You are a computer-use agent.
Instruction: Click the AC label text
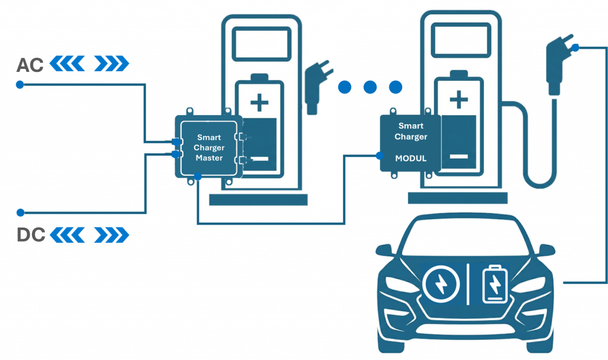[x=30, y=64]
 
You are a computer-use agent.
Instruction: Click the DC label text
[x=30, y=235]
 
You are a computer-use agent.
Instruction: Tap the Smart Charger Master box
[x=209, y=147]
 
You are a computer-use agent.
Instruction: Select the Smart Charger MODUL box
[x=411, y=143]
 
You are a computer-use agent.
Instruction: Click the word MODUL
[x=411, y=159]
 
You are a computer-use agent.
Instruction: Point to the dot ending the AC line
[x=20, y=85]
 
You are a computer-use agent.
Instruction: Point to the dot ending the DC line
[x=20, y=212]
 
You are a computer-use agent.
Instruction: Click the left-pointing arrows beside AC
[x=67, y=63]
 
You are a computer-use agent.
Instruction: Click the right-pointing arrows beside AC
[x=112, y=63]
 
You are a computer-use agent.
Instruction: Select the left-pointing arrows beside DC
[x=67, y=235]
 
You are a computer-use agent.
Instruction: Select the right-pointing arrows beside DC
[x=112, y=235]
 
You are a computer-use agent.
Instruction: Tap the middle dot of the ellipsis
[x=370, y=88]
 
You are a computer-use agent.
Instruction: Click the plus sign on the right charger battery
[x=458, y=99]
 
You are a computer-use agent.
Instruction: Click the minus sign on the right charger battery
[x=458, y=157]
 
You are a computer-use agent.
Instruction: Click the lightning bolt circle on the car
[x=442, y=283]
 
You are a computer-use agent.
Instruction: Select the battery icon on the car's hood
[x=495, y=283]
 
